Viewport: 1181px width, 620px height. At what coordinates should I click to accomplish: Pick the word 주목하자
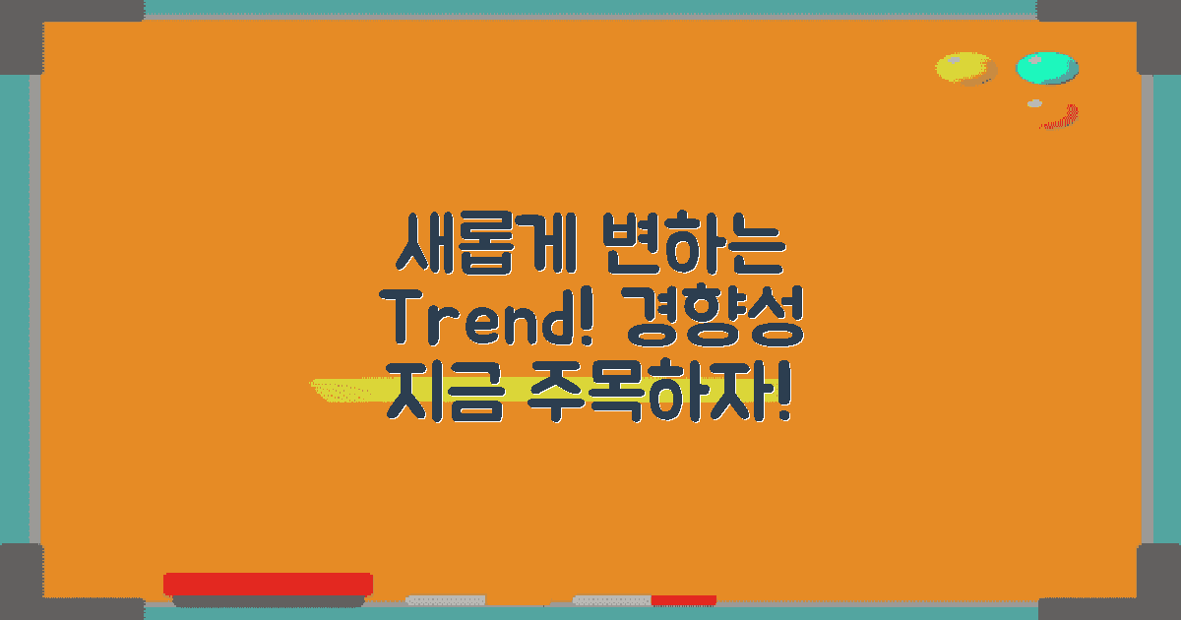[x=650, y=391]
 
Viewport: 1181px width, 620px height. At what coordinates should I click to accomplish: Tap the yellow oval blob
[x=964, y=68]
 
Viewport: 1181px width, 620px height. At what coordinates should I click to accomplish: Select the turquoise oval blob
[x=1047, y=68]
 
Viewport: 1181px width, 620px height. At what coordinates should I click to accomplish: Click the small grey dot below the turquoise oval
[x=1034, y=103]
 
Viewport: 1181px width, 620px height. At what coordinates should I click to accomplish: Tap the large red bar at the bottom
[x=268, y=584]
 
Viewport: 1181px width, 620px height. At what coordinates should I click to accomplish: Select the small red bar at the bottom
[x=683, y=599]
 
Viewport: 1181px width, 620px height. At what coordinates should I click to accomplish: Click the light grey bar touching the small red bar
[x=612, y=599]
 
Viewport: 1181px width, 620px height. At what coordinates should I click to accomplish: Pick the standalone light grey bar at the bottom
[x=446, y=599]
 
